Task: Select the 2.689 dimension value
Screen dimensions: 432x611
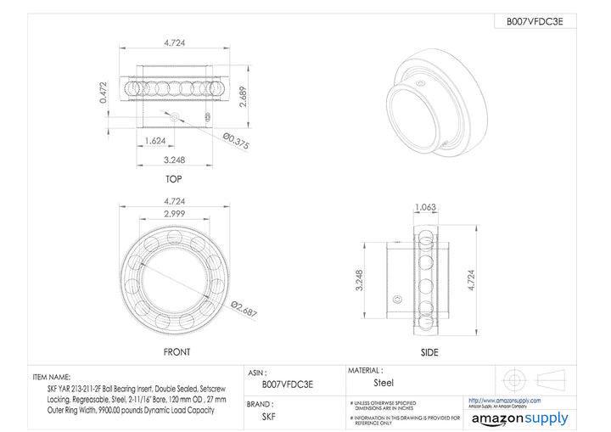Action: [x=244, y=97]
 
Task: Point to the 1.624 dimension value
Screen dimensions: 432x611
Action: [x=155, y=140]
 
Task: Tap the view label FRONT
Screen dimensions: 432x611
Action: [x=177, y=351]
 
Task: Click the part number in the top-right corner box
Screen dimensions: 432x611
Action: [x=535, y=22]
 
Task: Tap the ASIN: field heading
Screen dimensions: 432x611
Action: [x=260, y=373]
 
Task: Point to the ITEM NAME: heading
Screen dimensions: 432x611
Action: [x=52, y=376]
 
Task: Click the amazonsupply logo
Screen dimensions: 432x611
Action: [x=519, y=418]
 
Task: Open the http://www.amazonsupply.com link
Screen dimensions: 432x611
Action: [x=507, y=399]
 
